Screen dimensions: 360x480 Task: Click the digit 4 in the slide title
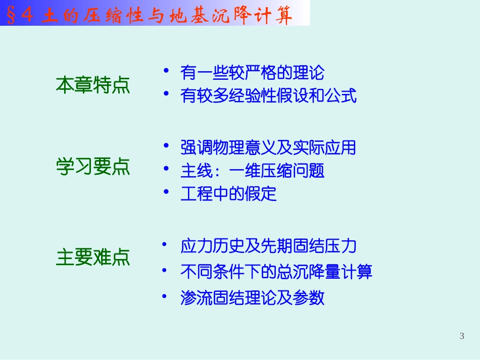[28, 15]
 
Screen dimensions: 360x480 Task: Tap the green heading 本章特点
[93, 85]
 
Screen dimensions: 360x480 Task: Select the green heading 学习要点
[93, 167]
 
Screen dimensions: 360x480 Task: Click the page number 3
[462, 336]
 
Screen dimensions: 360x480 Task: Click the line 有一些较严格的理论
[252, 73]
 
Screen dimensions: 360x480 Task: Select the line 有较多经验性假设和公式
[268, 96]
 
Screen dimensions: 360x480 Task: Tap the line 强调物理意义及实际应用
[268, 148]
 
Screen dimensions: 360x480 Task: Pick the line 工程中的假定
[229, 194]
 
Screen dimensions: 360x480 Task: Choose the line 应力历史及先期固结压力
[268, 246]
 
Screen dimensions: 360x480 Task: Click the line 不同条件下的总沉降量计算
[276, 272]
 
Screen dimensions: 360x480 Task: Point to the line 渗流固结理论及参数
[252, 298]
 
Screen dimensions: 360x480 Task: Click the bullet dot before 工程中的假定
[166, 191]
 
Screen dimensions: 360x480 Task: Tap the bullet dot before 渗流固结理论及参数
[164, 296]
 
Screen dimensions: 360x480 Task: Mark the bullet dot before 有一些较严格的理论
[166, 70]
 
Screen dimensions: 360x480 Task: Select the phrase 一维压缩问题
[276, 171]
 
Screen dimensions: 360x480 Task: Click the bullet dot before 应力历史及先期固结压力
[164, 244]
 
